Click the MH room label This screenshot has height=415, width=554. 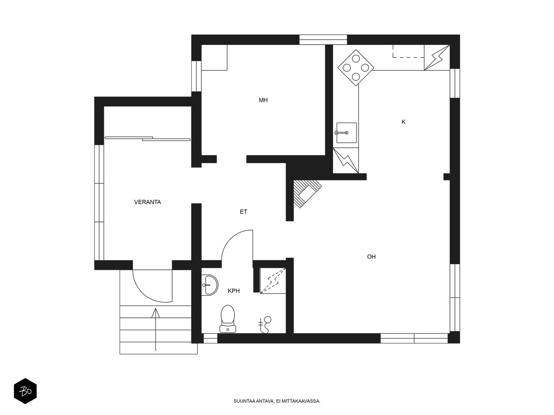[x=263, y=100]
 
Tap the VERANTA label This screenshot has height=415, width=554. [x=148, y=202]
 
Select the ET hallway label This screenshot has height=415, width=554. [x=243, y=212]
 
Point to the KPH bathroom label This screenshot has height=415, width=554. [x=233, y=291]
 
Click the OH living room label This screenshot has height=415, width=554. [x=371, y=257]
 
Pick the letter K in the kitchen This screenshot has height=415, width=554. [x=403, y=122]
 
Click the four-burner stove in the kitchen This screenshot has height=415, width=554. [x=356, y=67]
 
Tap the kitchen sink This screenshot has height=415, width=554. [x=346, y=133]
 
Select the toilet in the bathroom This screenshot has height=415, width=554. [x=227, y=319]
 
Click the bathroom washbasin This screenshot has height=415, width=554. [x=209, y=285]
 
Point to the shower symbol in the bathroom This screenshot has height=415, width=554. [x=265, y=325]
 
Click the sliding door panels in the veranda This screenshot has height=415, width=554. [x=148, y=139]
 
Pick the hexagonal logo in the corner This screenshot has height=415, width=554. [x=25, y=391]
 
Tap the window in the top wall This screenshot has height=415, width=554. [x=323, y=40]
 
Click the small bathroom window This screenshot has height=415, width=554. [x=210, y=339]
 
